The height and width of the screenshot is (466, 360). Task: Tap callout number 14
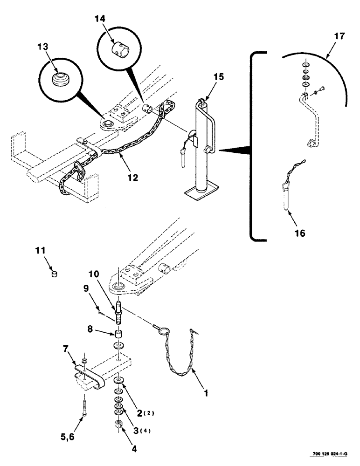click(101, 19)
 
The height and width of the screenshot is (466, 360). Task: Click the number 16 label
click(300, 233)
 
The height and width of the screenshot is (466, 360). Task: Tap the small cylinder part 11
click(54, 274)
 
